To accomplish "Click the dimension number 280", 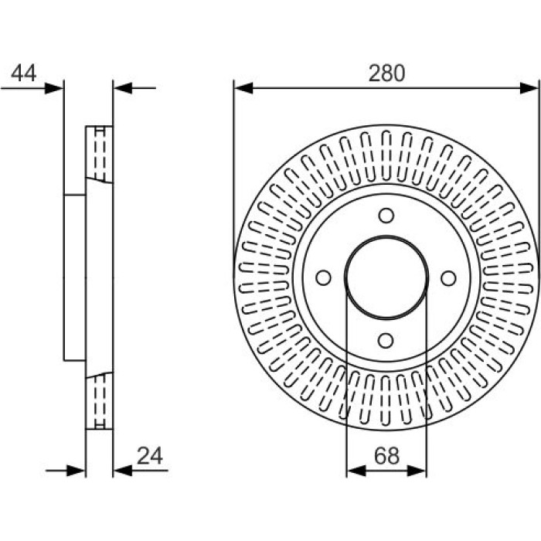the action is pyautogui.click(x=386, y=73).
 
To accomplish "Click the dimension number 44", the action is pyautogui.click(x=23, y=73).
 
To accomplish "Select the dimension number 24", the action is pyautogui.click(x=150, y=456).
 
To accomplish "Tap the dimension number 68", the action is pyautogui.click(x=386, y=456).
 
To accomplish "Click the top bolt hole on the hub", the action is pyautogui.click(x=386, y=216).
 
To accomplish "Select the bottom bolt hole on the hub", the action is pyautogui.click(x=386, y=341).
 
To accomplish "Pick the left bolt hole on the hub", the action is pyautogui.click(x=323, y=277).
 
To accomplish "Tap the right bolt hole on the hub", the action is pyautogui.click(x=448, y=278).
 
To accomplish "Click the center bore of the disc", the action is pyautogui.click(x=386, y=277).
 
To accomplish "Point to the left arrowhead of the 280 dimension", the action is pyautogui.click(x=243, y=88).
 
